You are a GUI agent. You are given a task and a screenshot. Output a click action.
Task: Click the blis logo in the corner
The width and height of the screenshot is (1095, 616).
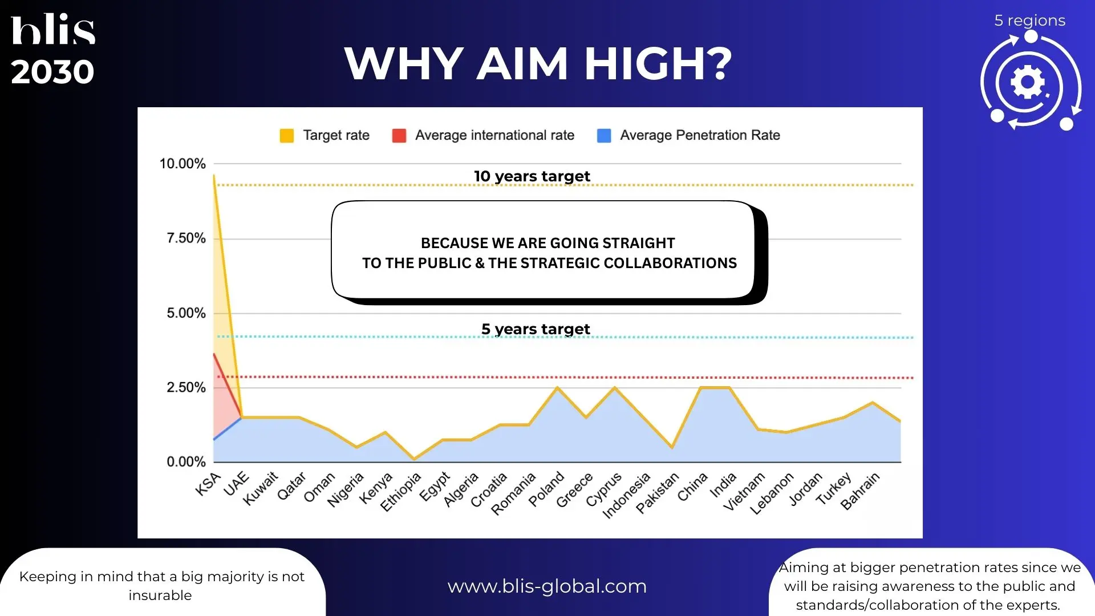[53, 29]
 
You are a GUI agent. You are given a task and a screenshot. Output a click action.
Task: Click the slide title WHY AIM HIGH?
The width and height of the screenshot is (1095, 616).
[538, 63]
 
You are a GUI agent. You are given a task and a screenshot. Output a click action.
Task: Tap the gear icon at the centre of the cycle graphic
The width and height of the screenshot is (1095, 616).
[1028, 83]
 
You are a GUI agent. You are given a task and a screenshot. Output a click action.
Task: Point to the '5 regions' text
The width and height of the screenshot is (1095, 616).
[1029, 21]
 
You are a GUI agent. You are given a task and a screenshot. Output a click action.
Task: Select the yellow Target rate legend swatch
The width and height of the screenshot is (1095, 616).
[286, 136]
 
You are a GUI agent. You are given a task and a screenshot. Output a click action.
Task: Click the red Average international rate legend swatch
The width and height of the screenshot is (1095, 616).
[399, 136]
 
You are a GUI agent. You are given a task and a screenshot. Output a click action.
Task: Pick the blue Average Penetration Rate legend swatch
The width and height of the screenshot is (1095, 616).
[604, 136]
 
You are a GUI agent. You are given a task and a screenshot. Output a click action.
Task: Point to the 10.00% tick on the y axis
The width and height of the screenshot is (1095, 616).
[182, 164]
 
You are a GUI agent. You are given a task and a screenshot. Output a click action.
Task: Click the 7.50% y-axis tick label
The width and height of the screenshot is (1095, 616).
[186, 238]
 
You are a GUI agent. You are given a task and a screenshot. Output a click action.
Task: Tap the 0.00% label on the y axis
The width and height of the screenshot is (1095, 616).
[186, 462]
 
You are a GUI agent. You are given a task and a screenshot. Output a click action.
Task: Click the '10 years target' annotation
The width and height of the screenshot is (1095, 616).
[532, 176]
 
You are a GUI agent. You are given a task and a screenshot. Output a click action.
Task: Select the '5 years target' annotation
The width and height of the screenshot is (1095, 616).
[536, 329]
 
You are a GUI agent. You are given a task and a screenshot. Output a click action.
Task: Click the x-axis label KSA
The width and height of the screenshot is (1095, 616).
[208, 484]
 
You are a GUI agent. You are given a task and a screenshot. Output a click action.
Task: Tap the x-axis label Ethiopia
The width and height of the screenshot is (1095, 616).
[400, 492]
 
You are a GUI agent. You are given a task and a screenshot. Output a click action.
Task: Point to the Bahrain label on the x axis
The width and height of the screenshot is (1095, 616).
[860, 491]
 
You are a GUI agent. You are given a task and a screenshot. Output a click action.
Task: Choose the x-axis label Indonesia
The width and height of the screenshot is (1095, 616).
[626, 495]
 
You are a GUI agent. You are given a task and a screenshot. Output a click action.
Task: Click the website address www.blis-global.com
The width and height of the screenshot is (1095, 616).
[547, 586]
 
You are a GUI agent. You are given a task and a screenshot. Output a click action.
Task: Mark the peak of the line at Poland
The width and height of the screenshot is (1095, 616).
[557, 388]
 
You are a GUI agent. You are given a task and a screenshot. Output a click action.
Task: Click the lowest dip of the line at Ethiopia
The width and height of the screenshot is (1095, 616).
[414, 459]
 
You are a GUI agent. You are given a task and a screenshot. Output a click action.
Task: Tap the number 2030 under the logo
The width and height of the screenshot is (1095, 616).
[52, 72]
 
